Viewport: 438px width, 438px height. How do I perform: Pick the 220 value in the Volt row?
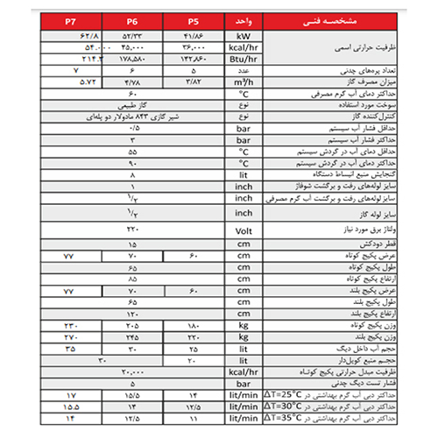[133, 230]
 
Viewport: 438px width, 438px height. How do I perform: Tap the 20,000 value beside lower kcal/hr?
[133, 371]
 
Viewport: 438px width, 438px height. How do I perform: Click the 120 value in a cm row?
[133, 313]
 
